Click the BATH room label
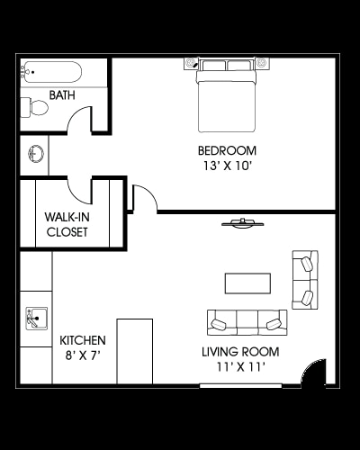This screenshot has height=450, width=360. pos(62,95)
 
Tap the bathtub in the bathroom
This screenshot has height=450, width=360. pos(51,72)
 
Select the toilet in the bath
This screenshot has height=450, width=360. pos(34,107)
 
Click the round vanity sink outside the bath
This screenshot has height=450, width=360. pos(36,154)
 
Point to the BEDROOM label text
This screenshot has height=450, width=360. pos(227,150)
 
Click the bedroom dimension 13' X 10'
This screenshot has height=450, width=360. pos(227,166)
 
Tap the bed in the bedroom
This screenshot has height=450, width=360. pos(227,95)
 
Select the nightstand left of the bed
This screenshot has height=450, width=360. pos(190,63)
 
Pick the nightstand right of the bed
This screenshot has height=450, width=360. pos(262,63)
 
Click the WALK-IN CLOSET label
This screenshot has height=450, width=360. pos(67,224)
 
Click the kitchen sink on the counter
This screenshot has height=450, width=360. pos(36,319)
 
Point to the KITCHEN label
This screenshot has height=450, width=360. pos(83,340)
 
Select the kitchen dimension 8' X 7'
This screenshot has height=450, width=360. pos(83,355)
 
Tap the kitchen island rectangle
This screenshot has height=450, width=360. pos(135,351)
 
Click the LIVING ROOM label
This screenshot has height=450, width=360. pos(240,352)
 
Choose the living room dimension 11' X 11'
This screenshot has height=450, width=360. pos(240,367)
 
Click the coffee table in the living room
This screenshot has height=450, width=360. pos(247,283)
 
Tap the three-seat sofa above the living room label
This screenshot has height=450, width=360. pos(247,322)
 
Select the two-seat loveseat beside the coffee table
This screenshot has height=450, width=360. pos(305,280)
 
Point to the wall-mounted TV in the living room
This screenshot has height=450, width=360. pos(243,223)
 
